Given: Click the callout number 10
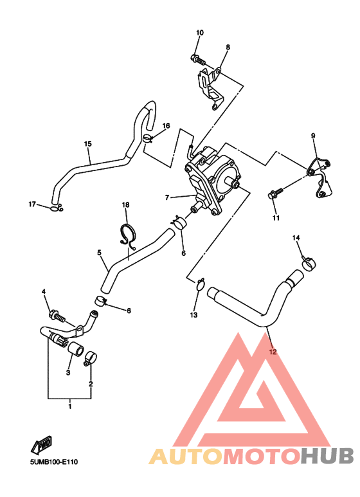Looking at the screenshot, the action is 200,33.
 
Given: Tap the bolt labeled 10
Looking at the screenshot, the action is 198,59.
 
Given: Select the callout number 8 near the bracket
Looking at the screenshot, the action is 228,47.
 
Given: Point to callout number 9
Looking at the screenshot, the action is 313,136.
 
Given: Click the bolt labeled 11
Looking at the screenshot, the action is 275,194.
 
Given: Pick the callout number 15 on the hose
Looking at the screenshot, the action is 88,144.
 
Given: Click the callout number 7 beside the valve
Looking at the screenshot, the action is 167,197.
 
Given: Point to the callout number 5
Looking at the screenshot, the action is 99,253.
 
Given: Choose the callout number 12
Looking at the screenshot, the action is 273,352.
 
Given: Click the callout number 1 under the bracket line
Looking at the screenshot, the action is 70,406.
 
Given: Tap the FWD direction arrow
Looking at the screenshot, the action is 42,445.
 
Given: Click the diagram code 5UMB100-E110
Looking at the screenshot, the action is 54,462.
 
